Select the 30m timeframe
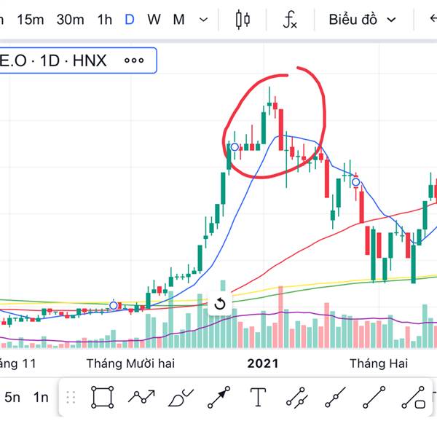[x=70, y=20]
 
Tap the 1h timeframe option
[x=104, y=20]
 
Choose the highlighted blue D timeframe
[x=129, y=20]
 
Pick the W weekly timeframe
[x=154, y=20]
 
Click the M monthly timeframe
[x=178, y=20]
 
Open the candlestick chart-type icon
[x=243, y=20]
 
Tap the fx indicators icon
[x=290, y=20]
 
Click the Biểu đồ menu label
[x=353, y=20]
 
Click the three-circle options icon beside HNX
[x=134, y=60]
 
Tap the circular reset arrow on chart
[x=220, y=304]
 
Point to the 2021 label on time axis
[x=263, y=363]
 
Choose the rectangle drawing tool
[x=103, y=397]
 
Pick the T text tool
[x=258, y=397]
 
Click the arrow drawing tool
[x=219, y=397]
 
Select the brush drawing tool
[x=179, y=398]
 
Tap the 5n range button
[x=12, y=397]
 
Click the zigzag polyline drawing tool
[x=141, y=397]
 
